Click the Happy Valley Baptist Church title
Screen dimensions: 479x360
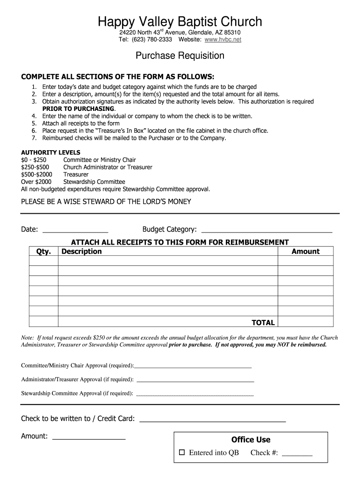(x=180, y=22)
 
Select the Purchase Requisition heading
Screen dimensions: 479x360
(x=180, y=56)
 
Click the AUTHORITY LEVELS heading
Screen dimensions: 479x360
(x=50, y=152)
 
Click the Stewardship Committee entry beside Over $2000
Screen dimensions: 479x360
(x=94, y=181)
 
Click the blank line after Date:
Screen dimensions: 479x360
(x=75, y=230)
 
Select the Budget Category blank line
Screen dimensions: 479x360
(x=266, y=230)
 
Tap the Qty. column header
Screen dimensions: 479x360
(x=43, y=252)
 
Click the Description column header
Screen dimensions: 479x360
(x=81, y=252)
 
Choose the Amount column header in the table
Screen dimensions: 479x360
(x=305, y=252)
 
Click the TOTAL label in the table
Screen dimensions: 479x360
(x=263, y=322)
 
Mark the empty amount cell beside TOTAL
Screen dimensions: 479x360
(x=305, y=322)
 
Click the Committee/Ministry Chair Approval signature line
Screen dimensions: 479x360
(x=193, y=366)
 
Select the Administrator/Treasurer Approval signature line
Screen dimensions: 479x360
(x=195, y=380)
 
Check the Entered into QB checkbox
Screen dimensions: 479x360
(x=182, y=453)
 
